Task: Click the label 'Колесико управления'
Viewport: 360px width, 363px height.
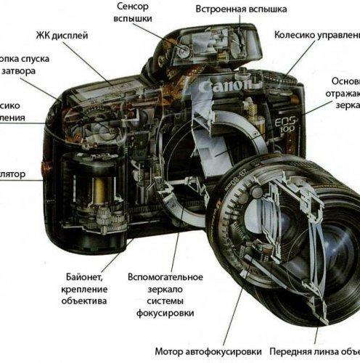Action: tap(317, 34)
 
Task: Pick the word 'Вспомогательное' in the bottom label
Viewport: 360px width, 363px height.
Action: tap(165, 277)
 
